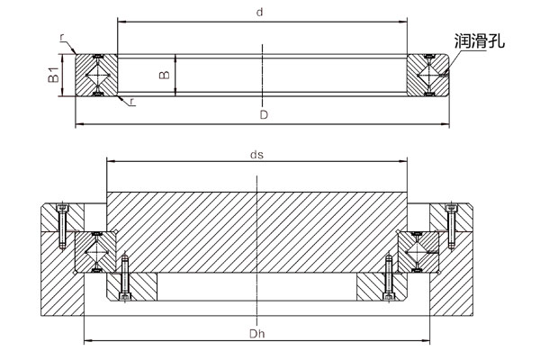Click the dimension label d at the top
click(x=259, y=13)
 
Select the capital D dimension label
click(x=263, y=114)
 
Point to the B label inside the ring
click(x=164, y=75)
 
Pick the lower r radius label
click(x=132, y=101)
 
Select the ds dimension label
click(x=256, y=154)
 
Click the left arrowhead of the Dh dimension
click(x=86, y=342)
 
